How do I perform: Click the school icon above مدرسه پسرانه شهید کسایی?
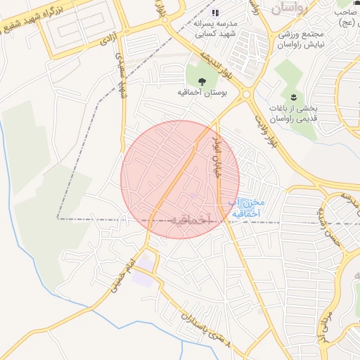[215, 13]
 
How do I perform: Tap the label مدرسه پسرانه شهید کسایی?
[215, 28]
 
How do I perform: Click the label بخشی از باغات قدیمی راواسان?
[294, 113]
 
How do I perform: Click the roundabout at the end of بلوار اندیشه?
[247, 94]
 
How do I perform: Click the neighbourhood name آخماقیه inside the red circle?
[181, 219]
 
